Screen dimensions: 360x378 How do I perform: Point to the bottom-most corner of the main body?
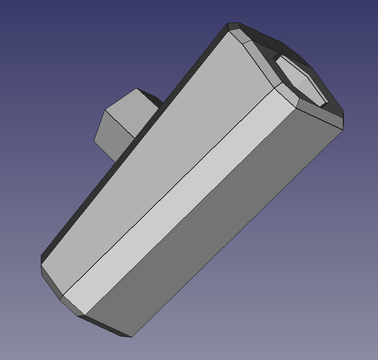tap(131, 337)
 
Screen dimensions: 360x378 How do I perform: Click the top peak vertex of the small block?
tap(137, 89)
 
